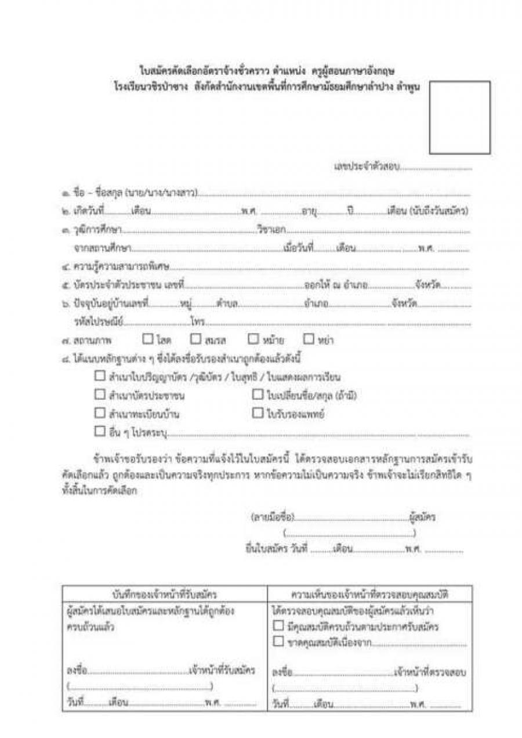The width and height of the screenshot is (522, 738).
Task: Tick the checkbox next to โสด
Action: (x=148, y=339)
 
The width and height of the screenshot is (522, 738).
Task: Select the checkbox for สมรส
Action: (x=195, y=339)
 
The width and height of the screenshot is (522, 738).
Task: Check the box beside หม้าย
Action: (x=253, y=339)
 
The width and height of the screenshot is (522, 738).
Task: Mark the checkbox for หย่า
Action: (x=309, y=339)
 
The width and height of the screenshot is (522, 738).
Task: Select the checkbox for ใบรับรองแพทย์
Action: (x=258, y=413)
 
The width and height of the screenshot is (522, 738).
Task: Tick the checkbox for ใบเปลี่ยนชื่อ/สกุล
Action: (x=258, y=395)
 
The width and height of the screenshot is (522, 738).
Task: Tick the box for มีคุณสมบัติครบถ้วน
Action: (x=278, y=627)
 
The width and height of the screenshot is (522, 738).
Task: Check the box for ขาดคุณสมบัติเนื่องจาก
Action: (x=278, y=642)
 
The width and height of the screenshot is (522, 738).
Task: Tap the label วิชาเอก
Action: (x=271, y=230)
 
